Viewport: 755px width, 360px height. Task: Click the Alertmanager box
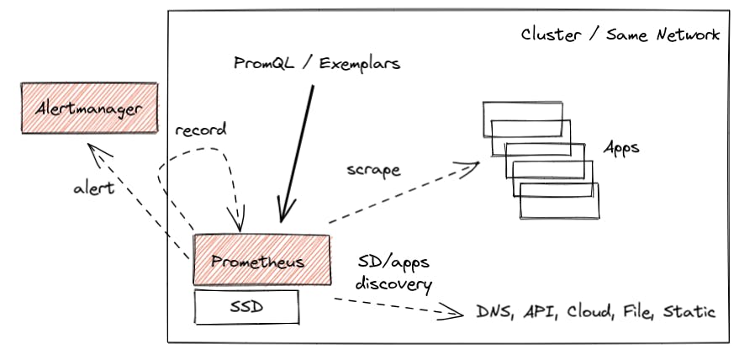[89, 108]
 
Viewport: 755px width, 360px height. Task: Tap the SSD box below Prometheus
[246, 307]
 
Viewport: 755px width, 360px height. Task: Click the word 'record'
[201, 132]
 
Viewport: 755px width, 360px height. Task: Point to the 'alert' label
[92, 188]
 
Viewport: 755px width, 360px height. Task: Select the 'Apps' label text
[621, 148]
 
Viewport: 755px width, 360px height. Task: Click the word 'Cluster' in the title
[550, 34]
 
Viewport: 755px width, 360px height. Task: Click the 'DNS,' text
[496, 312]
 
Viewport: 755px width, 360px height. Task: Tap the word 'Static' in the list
[689, 312]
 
